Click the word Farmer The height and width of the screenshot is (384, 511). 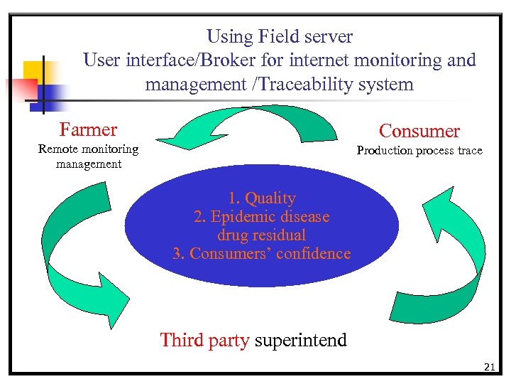pyautogui.click(x=88, y=129)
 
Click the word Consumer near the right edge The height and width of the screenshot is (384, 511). pyautogui.click(x=419, y=131)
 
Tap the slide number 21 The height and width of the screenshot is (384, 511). pyautogui.click(x=488, y=367)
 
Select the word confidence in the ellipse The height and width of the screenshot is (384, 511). pyautogui.click(x=313, y=253)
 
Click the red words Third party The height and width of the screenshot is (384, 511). pyautogui.click(x=204, y=340)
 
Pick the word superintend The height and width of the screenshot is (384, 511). pyautogui.click(x=300, y=340)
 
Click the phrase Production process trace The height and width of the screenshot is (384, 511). pyautogui.click(x=419, y=150)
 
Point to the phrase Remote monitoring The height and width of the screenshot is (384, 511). pyautogui.click(x=88, y=149)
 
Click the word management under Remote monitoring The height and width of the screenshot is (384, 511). pyautogui.click(x=88, y=164)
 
